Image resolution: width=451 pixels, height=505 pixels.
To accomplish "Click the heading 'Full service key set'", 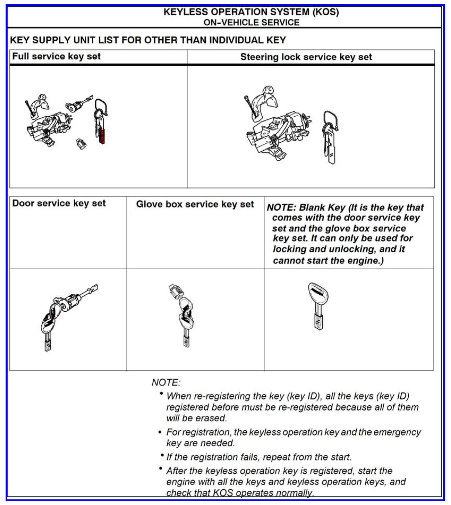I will click(x=56, y=56).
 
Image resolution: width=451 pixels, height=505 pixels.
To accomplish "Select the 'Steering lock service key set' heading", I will click(x=306, y=57).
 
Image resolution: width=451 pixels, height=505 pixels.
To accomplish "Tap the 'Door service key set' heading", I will click(x=59, y=203).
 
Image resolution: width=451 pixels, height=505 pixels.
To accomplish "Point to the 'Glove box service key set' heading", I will click(x=195, y=204).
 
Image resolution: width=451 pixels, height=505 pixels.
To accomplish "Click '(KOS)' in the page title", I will click(x=326, y=12).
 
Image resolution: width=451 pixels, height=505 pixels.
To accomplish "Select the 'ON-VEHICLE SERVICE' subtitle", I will click(x=251, y=23).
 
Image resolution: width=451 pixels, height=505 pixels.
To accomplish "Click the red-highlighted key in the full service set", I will click(x=102, y=136).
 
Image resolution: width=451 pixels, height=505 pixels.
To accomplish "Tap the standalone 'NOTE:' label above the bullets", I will click(x=166, y=383).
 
